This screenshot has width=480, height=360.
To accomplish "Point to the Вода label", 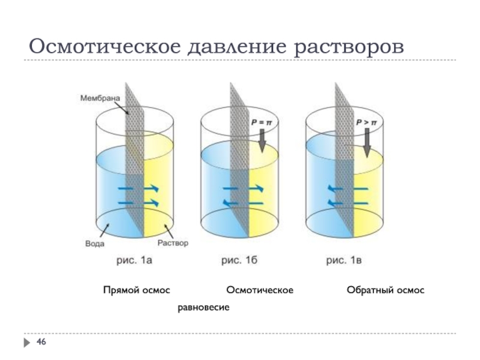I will (94, 244).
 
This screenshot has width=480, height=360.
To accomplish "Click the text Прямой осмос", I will (137, 290).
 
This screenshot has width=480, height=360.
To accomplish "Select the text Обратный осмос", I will (385, 290).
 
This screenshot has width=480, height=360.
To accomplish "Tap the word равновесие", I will (204, 307).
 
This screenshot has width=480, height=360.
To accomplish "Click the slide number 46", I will (42, 342).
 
